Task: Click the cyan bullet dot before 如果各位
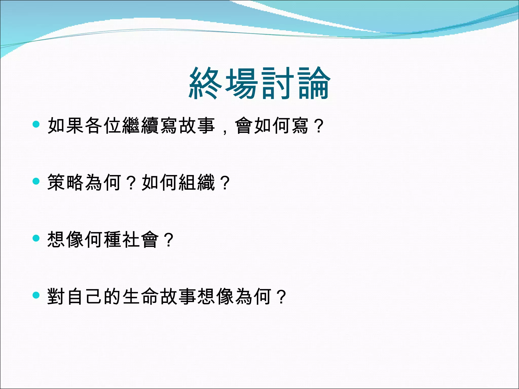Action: [x=36, y=124]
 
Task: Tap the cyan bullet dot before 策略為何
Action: [x=36, y=181]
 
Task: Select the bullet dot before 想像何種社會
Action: [x=36, y=238]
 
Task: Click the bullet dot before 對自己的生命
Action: [x=36, y=295]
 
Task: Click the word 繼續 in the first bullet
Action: [x=141, y=126]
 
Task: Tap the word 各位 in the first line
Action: [x=103, y=126]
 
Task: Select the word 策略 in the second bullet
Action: [x=66, y=182]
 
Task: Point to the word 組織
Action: [x=197, y=182]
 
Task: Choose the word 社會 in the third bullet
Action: [x=141, y=239]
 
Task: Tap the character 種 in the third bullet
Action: [x=113, y=239]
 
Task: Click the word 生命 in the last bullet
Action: [x=141, y=296]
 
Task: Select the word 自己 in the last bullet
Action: [x=84, y=296]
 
